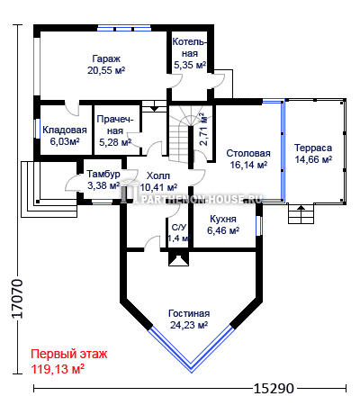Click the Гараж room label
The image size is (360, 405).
click(106, 58)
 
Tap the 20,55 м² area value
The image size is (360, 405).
click(106, 70)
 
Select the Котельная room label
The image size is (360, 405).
click(190, 48)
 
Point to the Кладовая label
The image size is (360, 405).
click(65, 130)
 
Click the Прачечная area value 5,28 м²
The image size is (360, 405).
click(115, 142)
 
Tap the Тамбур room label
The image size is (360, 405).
click(103, 174)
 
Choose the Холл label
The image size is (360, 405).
click(158, 175)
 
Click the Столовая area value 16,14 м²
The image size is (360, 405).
click(248, 165)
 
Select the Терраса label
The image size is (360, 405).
click(313, 148)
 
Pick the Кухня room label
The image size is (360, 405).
click(223, 219)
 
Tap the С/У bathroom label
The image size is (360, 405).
click(179, 228)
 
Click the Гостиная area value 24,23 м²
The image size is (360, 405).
click(189, 325)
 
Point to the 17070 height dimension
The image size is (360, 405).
click(17, 299)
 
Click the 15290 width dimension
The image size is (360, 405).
click(274, 389)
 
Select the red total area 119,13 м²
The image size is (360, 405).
click(58, 369)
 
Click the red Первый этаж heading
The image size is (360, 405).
click(69, 354)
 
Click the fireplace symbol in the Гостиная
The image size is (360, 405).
click(179, 258)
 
